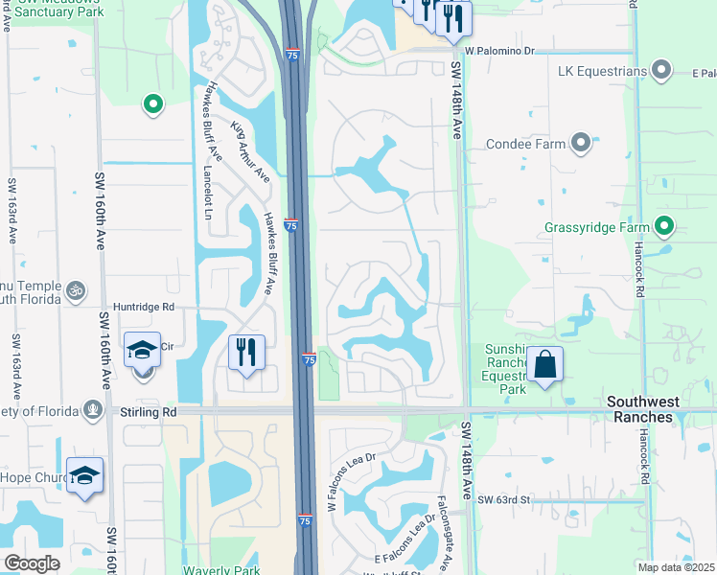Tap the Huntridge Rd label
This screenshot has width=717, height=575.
pyautogui.click(x=143, y=308)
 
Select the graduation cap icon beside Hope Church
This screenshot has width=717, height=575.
pyautogui.click(x=85, y=475)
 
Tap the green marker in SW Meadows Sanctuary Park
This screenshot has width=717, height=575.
pyautogui.click(x=151, y=104)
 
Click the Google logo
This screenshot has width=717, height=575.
pyautogui.click(x=32, y=563)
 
